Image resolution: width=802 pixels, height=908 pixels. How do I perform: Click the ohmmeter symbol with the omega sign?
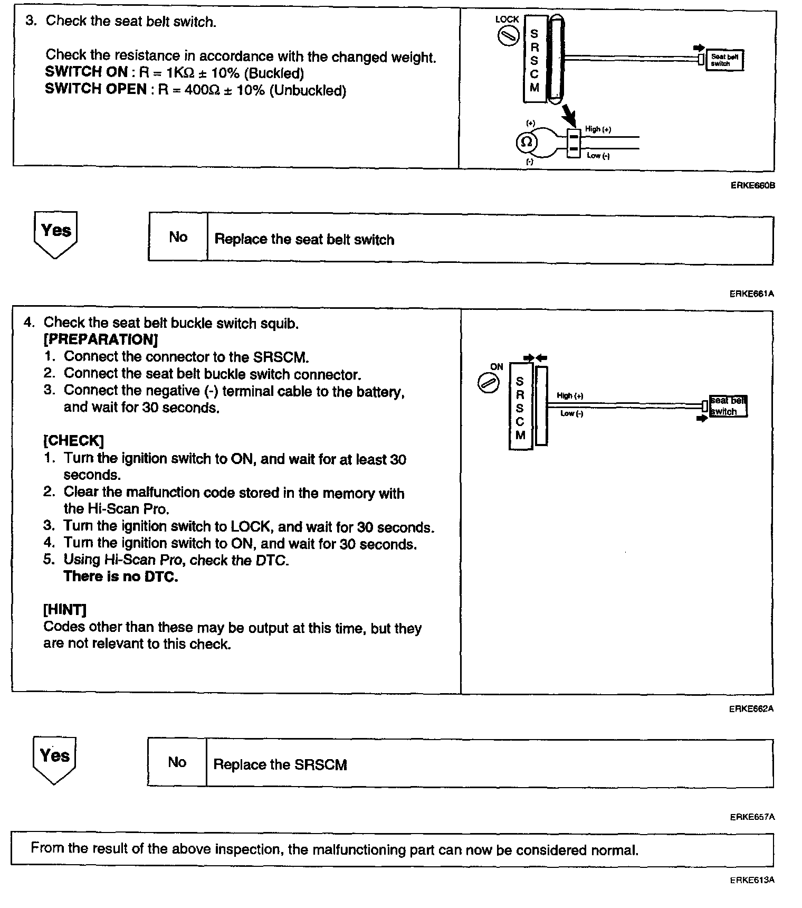(x=527, y=143)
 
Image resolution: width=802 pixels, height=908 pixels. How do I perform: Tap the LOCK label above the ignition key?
(x=507, y=20)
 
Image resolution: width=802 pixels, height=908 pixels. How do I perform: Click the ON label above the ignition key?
(x=497, y=367)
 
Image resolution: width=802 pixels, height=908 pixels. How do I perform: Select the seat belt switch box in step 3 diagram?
(x=724, y=60)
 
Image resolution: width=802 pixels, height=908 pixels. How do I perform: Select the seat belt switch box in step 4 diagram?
(x=728, y=406)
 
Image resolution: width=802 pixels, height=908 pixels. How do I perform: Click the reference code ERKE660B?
(x=752, y=186)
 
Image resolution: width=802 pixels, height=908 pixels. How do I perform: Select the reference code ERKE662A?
(x=751, y=709)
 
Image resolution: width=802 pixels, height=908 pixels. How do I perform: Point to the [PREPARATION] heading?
(x=101, y=339)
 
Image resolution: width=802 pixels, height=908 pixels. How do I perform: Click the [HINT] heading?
(x=65, y=610)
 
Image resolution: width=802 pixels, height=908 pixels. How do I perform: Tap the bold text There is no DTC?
(x=121, y=576)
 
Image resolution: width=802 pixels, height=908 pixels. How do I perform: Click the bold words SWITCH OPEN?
(x=96, y=89)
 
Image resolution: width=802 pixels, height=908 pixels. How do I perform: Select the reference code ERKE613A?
(x=752, y=880)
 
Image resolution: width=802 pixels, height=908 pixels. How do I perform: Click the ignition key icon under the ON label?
(x=488, y=383)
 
